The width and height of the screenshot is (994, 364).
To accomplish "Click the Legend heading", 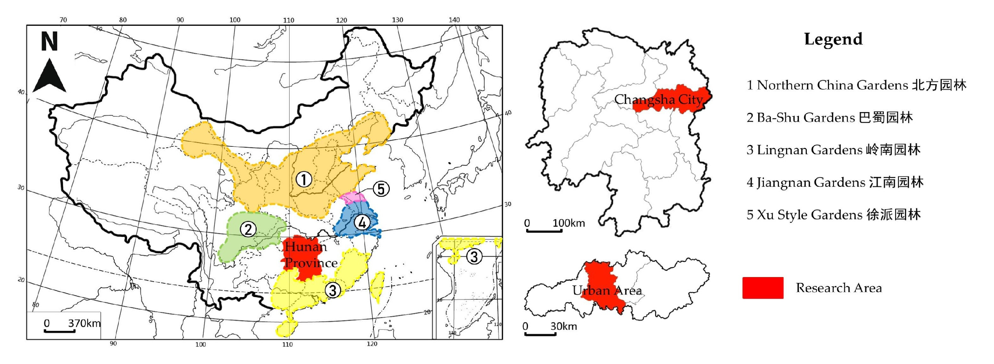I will coord(833,39).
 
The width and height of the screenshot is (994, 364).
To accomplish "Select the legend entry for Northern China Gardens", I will coord(856,85).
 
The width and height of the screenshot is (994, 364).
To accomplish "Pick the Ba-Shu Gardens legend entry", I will coord(829,117).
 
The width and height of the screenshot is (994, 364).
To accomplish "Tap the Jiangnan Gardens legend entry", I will coord(835,182).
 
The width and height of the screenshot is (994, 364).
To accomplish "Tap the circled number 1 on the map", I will coord(304,179).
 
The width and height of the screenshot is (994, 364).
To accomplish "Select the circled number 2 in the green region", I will coord(248,229).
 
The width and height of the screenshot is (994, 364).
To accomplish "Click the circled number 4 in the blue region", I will coord(362,222).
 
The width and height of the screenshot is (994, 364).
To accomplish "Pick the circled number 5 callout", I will coord(381,189).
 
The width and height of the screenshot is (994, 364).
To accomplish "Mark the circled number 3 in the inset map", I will coord(474,257).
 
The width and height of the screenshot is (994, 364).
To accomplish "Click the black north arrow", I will coord(49,76).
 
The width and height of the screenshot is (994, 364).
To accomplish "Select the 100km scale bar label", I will coord(569,223).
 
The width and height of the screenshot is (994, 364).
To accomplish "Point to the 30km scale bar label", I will coord(563,326).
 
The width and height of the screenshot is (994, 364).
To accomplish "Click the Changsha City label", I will coord(658,99).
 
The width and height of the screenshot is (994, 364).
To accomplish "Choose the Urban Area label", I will coord(607,290).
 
